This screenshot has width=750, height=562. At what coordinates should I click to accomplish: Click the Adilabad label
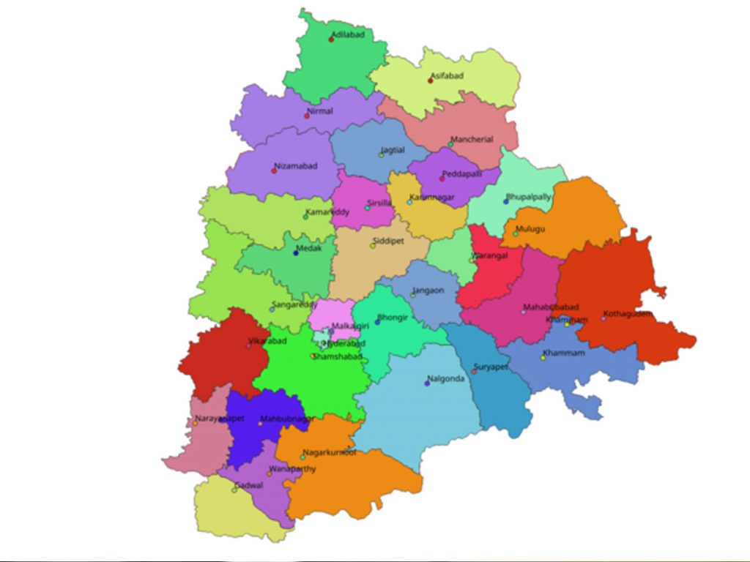pyautogui.click(x=348, y=34)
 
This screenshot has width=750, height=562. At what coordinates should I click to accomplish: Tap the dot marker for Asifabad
pyautogui.click(x=431, y=80)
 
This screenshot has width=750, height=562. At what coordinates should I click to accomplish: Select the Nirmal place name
pyautogui.click(x=320, y=111)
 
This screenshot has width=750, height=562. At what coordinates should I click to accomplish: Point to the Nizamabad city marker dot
pyautogui.click(x=274, y=171)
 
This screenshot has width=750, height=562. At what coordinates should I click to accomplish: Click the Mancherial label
pyautogui.click(x=472, y=139)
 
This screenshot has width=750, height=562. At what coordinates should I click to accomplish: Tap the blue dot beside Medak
pyautogui.click(x=296, y=253)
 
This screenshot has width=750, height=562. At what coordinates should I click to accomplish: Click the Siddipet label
pyautogui.click(x=387, y=240)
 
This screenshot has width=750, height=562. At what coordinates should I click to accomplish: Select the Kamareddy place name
pyautogui.click(x=327, y=211)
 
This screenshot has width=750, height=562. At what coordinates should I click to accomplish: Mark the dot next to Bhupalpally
pyautogui.click(x=505, y=201)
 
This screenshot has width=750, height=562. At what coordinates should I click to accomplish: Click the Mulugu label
pyautogui.click(x=530, y=229)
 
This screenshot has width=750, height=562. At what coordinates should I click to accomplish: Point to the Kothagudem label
pyautogui.click(x=628, y=314)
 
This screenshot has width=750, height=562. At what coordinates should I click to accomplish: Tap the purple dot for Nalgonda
pyautogui.click(x=427, y=383)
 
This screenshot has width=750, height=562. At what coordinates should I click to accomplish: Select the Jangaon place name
pyautogui.click(x=428, y=291)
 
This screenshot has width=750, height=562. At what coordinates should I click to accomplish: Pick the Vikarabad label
pyautogui.click(x=267, y=340)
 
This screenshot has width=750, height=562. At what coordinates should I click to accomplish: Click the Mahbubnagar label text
pyautogui.click(x=287, y=419)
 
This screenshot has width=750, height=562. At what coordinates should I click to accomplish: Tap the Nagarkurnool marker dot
pyautogui.click(x=302, y=457)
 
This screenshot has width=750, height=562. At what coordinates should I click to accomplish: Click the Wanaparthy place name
pyautogui.click(x=293, y=468)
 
